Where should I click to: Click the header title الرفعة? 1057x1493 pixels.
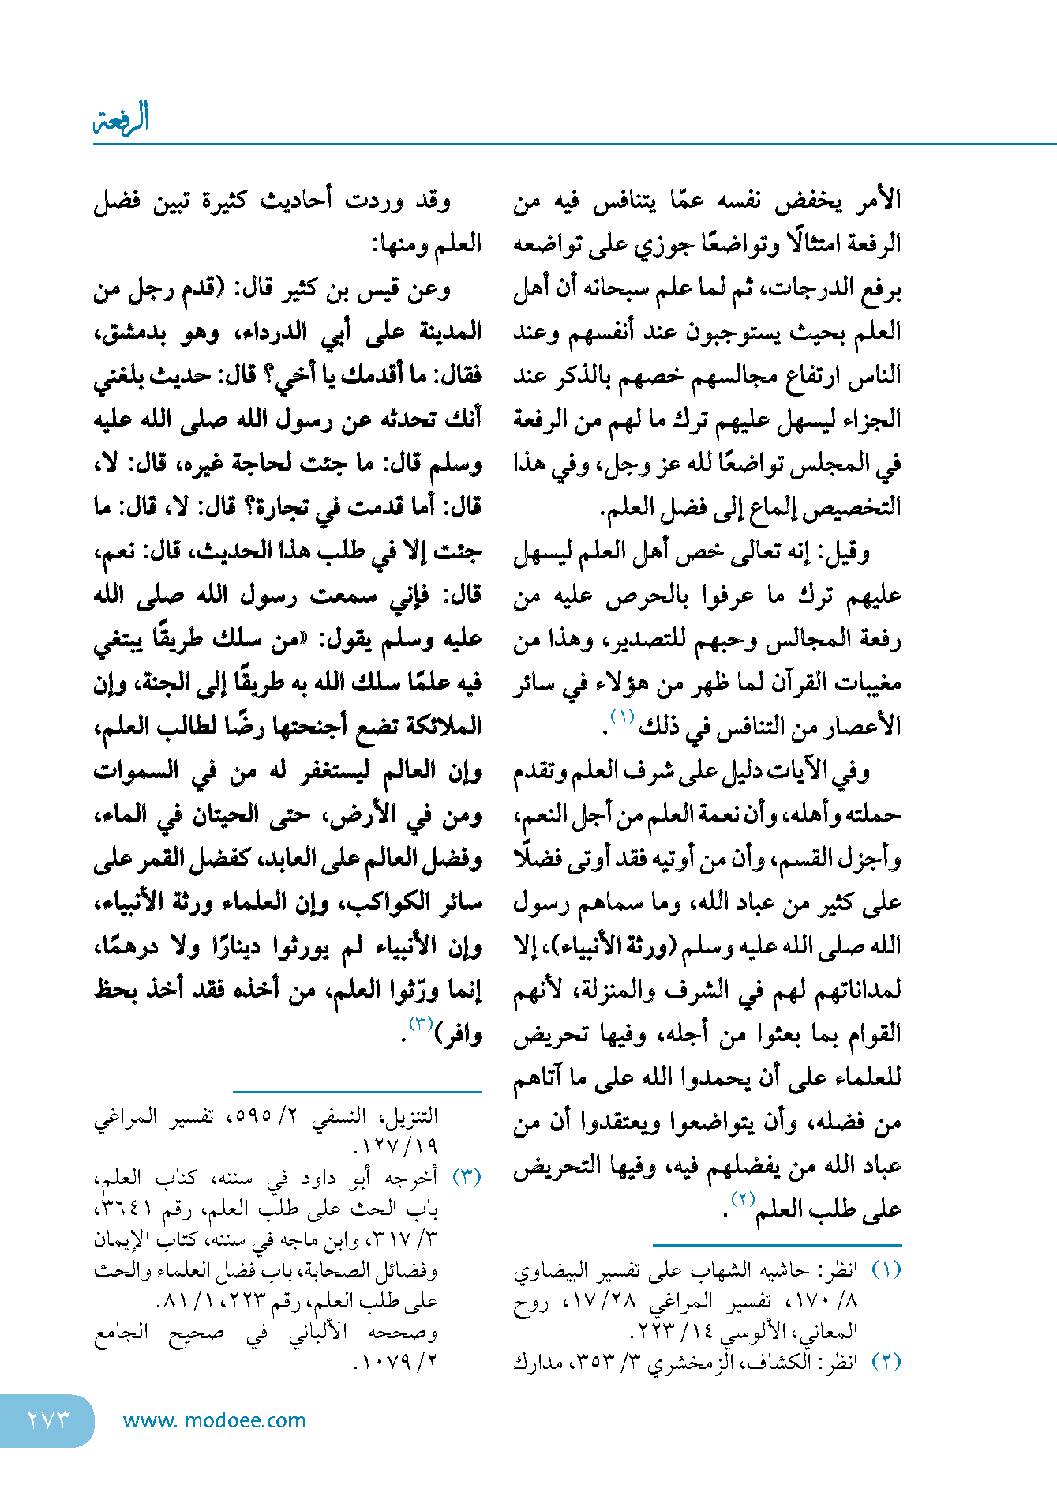(122, 119)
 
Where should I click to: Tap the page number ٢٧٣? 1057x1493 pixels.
(49, 1420)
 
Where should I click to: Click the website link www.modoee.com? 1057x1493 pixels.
(214, 1420)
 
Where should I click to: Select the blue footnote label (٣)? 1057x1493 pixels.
(467, 1177)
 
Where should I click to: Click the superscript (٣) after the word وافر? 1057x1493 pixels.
(421, 1025)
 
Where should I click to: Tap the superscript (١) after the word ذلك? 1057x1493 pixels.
(622, 716)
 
